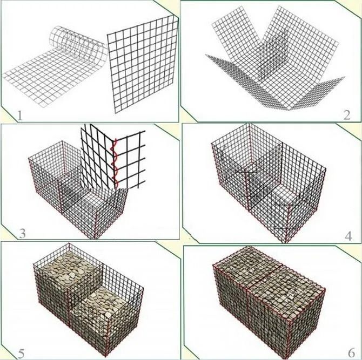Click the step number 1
click(19, 114)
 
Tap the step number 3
click(22, 233)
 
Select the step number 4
click(348, 235)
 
